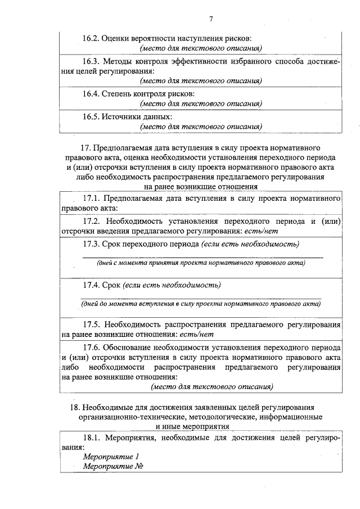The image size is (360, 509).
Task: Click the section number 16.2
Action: click(x=91, y=38)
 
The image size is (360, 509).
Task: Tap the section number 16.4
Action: click(x=91, y=93)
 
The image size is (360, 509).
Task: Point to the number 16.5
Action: click(x=91, y=116)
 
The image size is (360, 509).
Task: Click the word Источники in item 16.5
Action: click(x=119, y=116)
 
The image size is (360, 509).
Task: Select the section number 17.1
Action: click(x=92, y=198)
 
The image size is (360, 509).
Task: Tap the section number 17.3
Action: click(x=92, y=244)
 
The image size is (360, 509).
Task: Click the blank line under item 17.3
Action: click(x=202, y=257)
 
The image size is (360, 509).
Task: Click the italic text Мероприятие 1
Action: click(x=111, y=457)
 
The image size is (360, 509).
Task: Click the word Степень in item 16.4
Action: click(x=116, y=93)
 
